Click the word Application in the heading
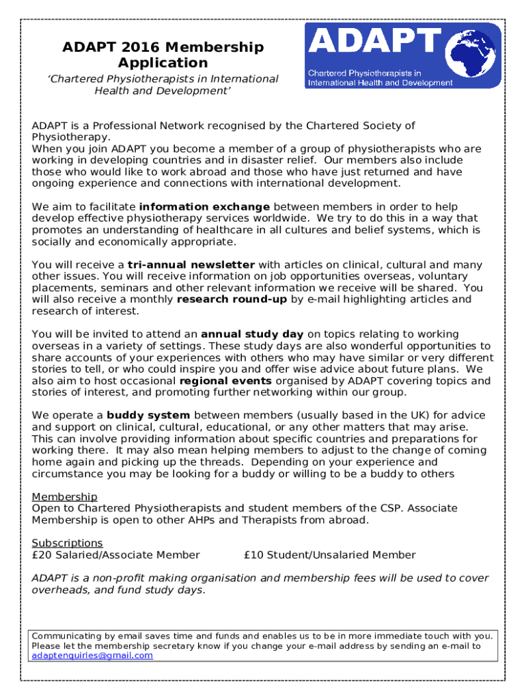tap(163, 64)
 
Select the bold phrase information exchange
tap(204, 206)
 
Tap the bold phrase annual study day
tap(253, 334)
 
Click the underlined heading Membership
tap(65, 496)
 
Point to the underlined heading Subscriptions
tap(68, 543)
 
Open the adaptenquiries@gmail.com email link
tap(93, 656)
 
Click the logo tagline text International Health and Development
tap(380, 83)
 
